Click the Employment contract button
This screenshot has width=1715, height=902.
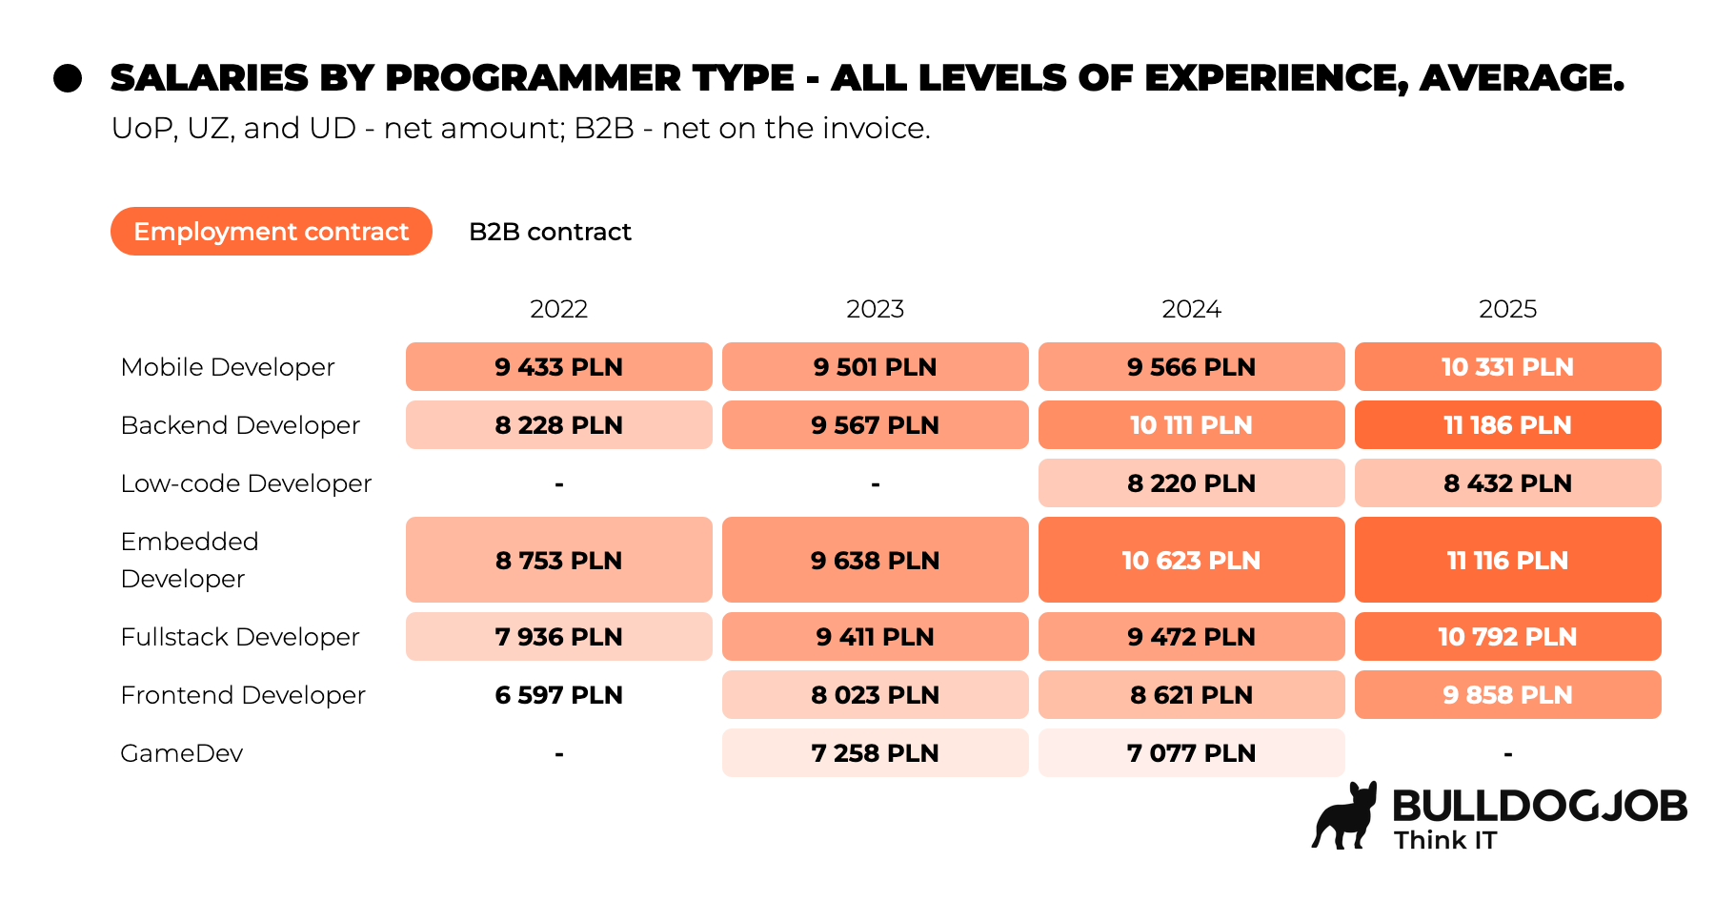tap(272, 232)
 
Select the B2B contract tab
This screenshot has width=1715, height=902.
tap(550, 232)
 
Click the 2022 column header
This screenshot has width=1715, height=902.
tap(558, 309)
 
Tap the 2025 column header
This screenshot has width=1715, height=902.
tap(1507, 309)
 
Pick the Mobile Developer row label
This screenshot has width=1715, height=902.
tap(228, 367)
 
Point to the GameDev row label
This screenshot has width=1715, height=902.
tap(182, 753)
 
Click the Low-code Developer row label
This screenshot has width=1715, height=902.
tap(246, 483)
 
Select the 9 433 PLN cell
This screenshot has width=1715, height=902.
tap(559, 367)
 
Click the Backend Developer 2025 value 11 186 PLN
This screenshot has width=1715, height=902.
tap(1508, 425)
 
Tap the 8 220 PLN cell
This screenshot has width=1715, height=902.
tap(1192, 483)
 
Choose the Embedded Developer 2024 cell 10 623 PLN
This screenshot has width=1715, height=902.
tap(1192, 560)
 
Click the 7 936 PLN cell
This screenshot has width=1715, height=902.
tap(559, 637)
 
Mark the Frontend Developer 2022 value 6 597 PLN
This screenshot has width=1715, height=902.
tap(559, 695)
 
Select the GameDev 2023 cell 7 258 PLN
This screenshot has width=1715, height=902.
tap(876, 753)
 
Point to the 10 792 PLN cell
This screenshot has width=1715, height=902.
tap(1508, 637)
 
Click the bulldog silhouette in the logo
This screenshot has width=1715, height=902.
tap(1345, 818)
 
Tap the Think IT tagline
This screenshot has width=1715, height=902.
tap(1445, 840)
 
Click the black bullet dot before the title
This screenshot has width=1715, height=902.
tap(68, 78)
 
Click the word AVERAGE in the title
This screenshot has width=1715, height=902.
tap(1522, 78)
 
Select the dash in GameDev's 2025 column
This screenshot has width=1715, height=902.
tap(1508, 754)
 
